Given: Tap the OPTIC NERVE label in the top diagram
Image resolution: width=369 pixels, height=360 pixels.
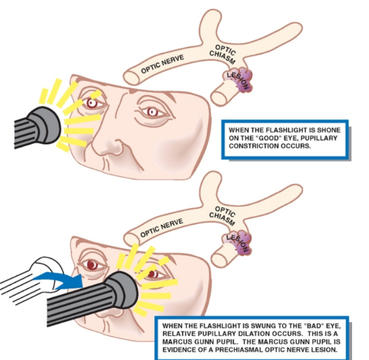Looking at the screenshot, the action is pyautogui.click(x=162, y=63).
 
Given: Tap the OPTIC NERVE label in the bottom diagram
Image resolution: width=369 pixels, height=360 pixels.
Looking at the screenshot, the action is pyautogui.click(x=162, y=228).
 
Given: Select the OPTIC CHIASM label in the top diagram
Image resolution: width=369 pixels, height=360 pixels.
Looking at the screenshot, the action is pyautogui.click(x=223, y=54).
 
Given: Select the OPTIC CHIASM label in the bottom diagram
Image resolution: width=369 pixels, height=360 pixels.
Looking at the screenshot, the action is pyautogui.click(x=222, y=216).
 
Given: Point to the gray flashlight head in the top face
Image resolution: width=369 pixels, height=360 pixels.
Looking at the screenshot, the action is pyautogui.click(x=44, y=125).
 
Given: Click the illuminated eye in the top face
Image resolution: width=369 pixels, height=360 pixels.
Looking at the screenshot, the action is pyautogui.click(x=92, y=103).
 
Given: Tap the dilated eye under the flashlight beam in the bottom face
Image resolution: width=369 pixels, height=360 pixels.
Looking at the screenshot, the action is pyautogui.click(x=153, y=274).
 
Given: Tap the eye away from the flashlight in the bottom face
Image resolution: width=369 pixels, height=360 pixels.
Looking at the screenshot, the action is pyautogui.click(x=92, y=265).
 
